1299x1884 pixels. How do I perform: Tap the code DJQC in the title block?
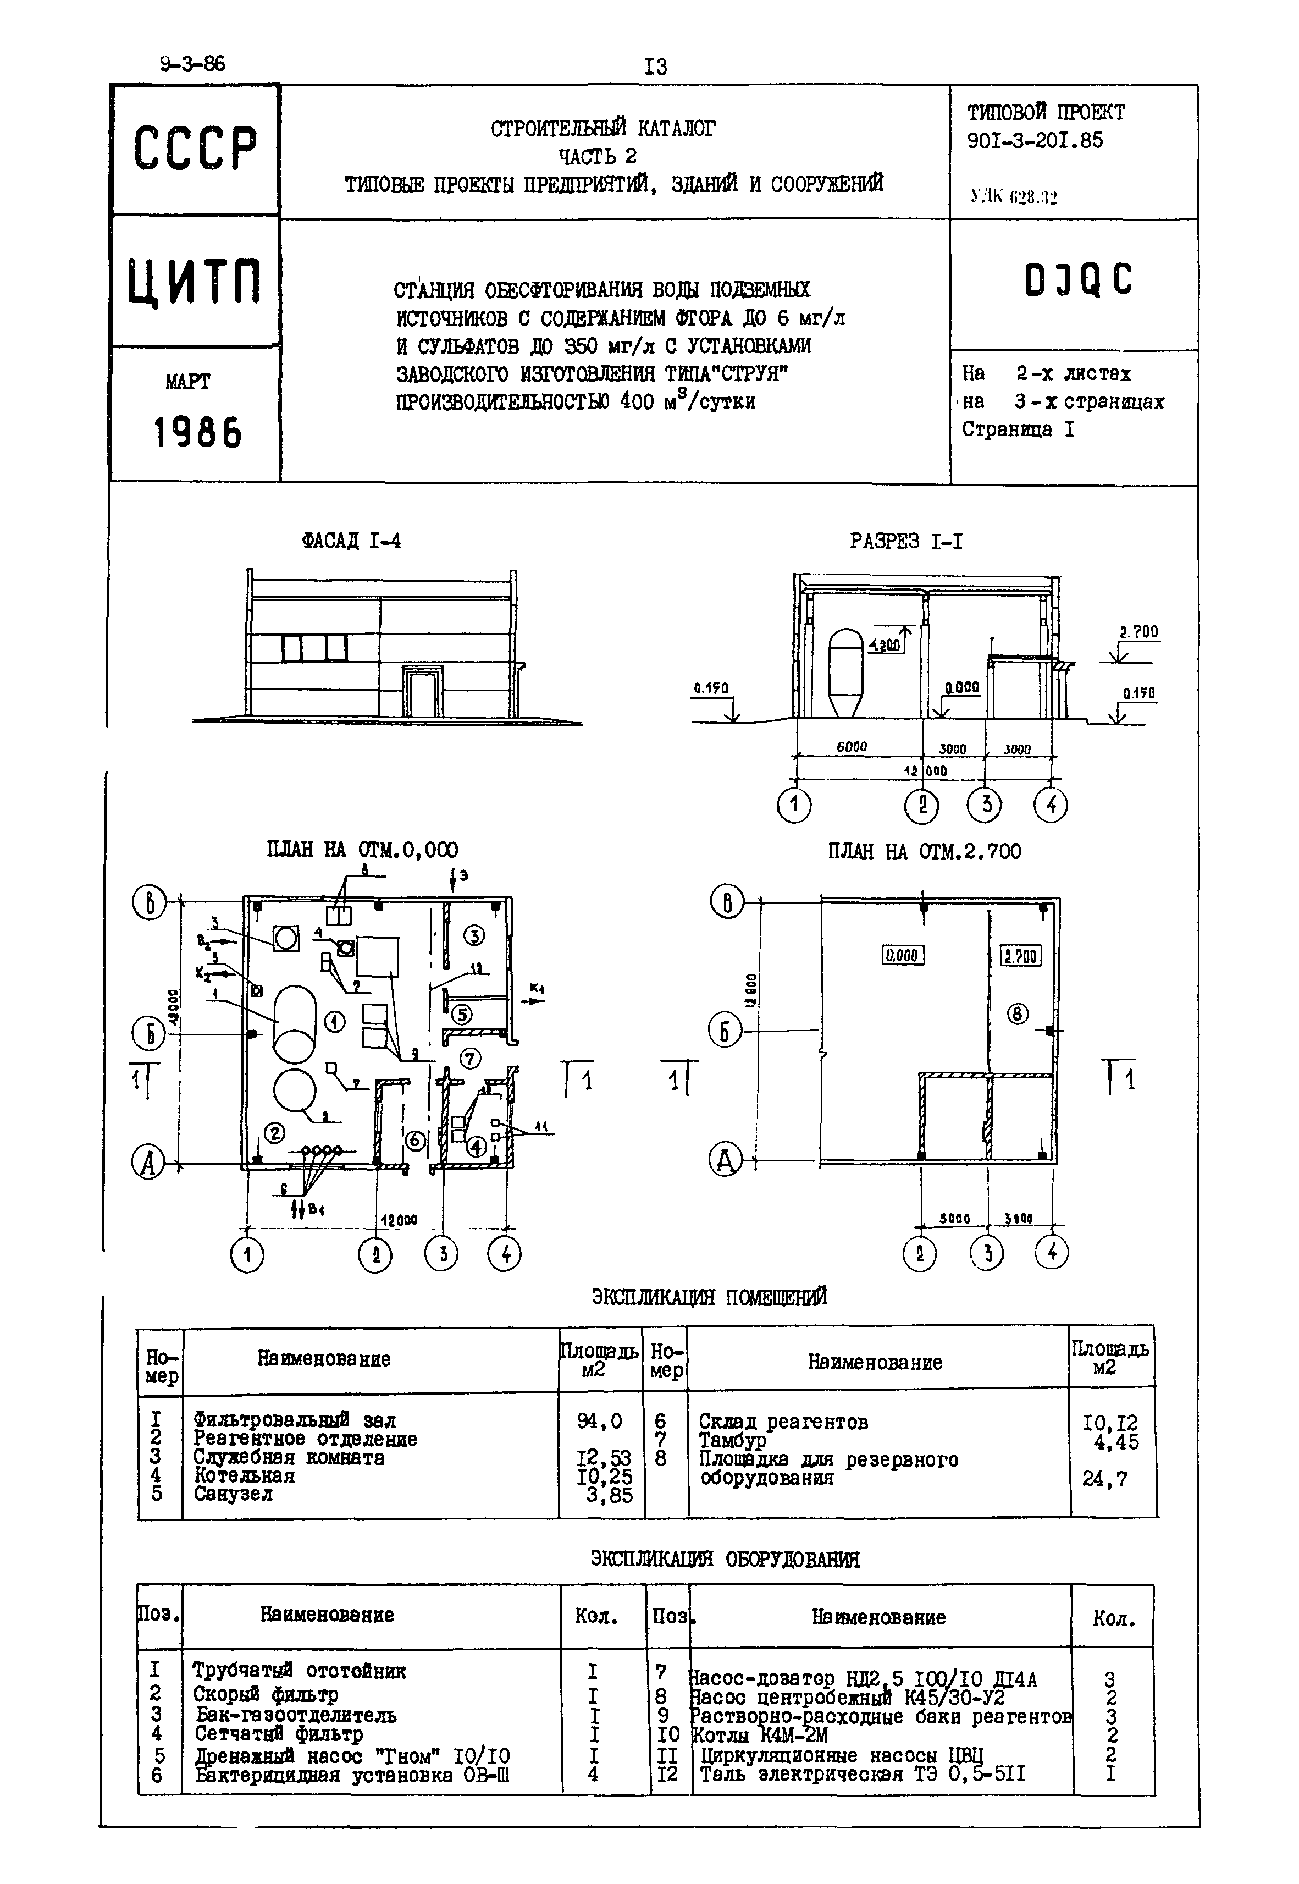[x=1077, y=280]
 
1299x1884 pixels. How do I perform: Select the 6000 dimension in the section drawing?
[x=852, y=747]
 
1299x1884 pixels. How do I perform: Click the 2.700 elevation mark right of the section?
[x=1138, y=632]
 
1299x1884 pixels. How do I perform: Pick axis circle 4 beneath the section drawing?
[x=1050, y=805]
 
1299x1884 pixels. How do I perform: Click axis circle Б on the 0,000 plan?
[x=149, y=1034]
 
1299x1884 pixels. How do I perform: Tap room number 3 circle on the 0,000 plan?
[x=474, y=935]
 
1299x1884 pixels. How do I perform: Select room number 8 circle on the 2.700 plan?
[x=1018, y=1013]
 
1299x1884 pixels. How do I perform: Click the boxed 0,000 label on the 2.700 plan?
[x=903, y=955]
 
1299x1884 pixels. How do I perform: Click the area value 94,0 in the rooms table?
[x=599, y=1421]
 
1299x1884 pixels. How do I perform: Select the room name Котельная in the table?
[x=244, y=1475]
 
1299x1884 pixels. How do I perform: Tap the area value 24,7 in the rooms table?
[x=1104, y=1479]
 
